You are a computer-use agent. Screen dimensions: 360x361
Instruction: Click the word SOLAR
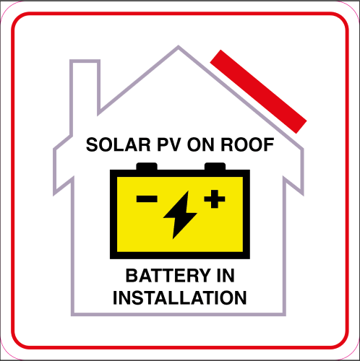point(118,144)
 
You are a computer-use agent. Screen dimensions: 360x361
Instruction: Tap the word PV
point(168,144)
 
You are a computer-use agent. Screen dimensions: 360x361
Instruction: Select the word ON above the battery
point(200,144)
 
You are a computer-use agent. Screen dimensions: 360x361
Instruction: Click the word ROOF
point(247,144)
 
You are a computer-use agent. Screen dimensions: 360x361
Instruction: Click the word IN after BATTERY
point(226,276)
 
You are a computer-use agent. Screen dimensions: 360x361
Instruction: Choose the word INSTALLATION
point(180,297)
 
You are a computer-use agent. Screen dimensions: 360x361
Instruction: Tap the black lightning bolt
point(180,214)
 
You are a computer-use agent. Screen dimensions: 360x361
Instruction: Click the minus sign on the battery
point(147,199)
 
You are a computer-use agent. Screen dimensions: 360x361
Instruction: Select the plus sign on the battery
point(215,199)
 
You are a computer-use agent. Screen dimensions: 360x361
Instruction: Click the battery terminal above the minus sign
point(147,166)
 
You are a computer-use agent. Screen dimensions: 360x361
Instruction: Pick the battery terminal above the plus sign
point(215,166)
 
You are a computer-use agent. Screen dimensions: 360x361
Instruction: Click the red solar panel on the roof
point(258,92)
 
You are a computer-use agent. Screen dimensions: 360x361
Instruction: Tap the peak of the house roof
point(179,45)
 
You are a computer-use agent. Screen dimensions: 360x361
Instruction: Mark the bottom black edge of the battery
point(180,256)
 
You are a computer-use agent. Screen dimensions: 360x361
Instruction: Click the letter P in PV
point(163,144)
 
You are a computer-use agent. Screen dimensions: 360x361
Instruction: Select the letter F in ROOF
point(269,144)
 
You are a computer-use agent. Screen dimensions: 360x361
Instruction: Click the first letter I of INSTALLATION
point(115,297)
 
